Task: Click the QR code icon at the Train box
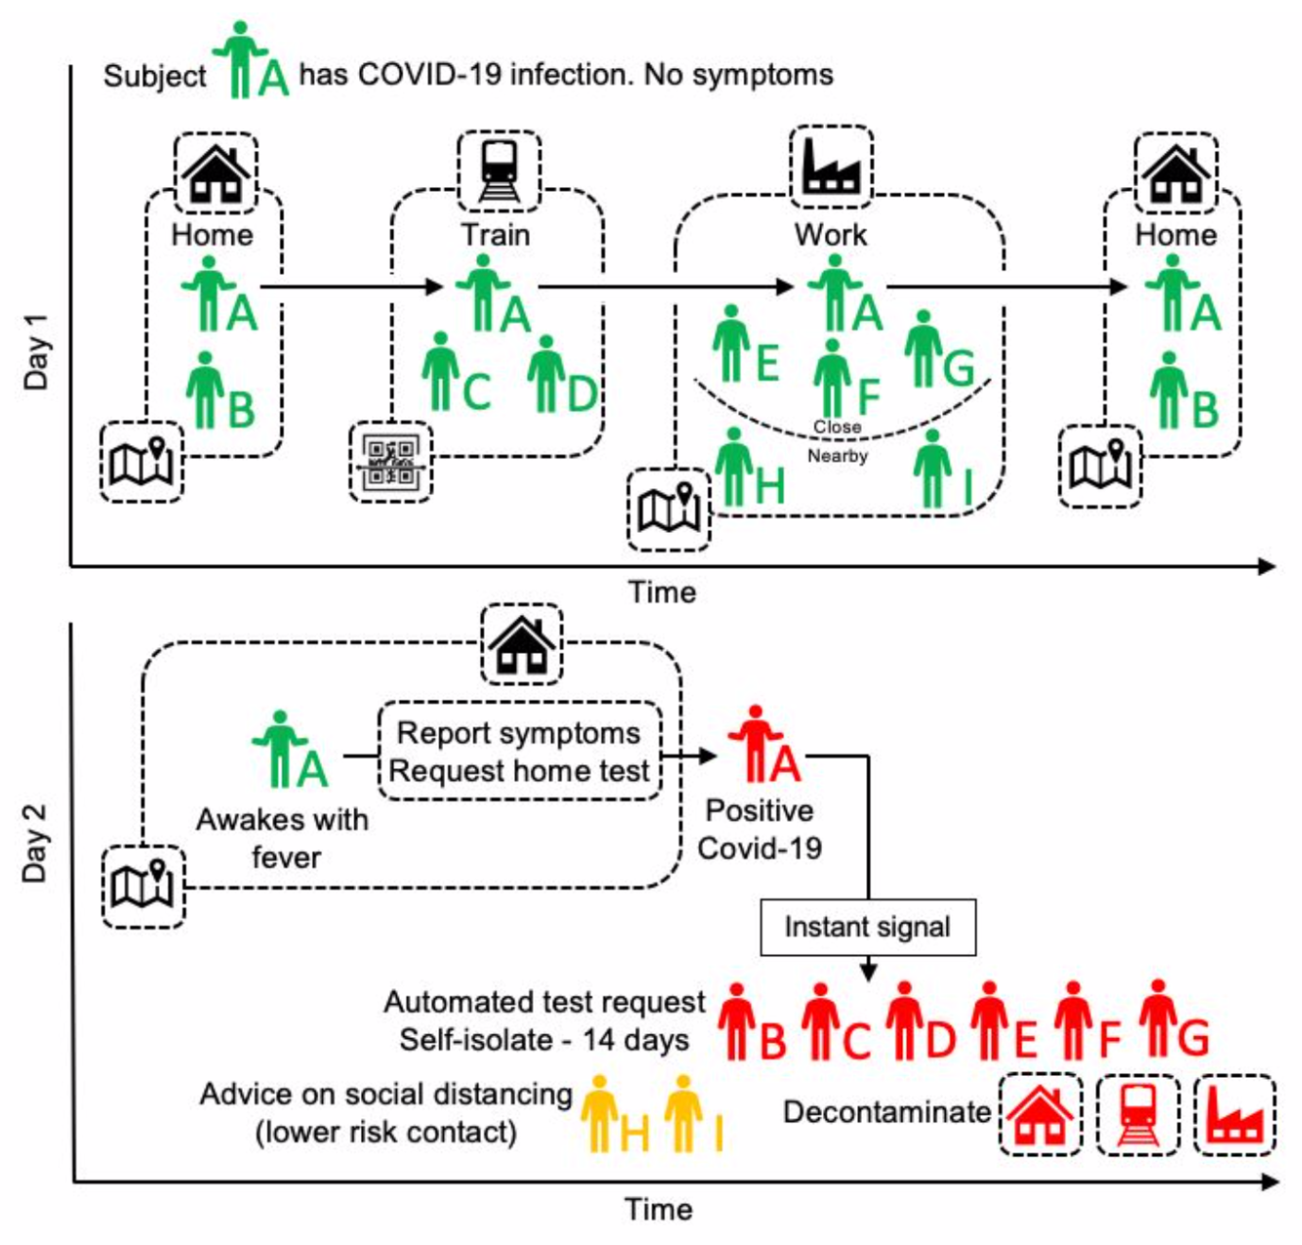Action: [390, 462]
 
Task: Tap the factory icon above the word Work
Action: [831, 167]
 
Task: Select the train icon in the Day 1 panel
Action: [499, 171]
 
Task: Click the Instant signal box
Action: [867, 927]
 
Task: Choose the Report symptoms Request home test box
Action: [519, 752]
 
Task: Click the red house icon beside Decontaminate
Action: [1040, 1115]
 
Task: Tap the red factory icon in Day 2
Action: [1234, 1115]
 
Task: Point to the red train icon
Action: [1138, 1115]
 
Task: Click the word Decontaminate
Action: [886, 1112]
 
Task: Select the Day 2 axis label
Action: [35, 843]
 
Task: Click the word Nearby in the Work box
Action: [837, 456]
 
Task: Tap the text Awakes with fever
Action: [283, 838]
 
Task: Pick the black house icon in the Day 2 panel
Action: [522, 645]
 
